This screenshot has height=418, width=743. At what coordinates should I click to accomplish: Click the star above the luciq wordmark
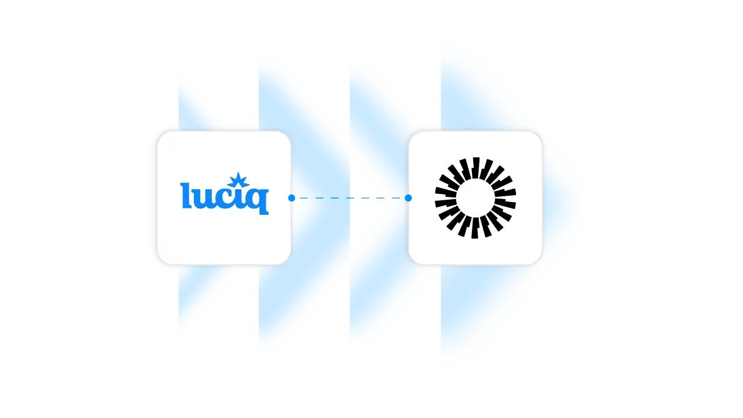point(238,181)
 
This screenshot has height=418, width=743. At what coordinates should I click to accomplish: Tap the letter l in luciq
point(185,196)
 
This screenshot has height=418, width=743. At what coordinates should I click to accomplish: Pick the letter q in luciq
point(258,201)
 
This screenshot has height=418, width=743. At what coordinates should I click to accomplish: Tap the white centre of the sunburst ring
point(475,198)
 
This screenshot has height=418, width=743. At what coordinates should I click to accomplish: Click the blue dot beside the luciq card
point(291,198)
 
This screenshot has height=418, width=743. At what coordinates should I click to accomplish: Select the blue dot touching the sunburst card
point(408,198)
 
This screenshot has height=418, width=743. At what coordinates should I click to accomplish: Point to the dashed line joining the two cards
point(348,198)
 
